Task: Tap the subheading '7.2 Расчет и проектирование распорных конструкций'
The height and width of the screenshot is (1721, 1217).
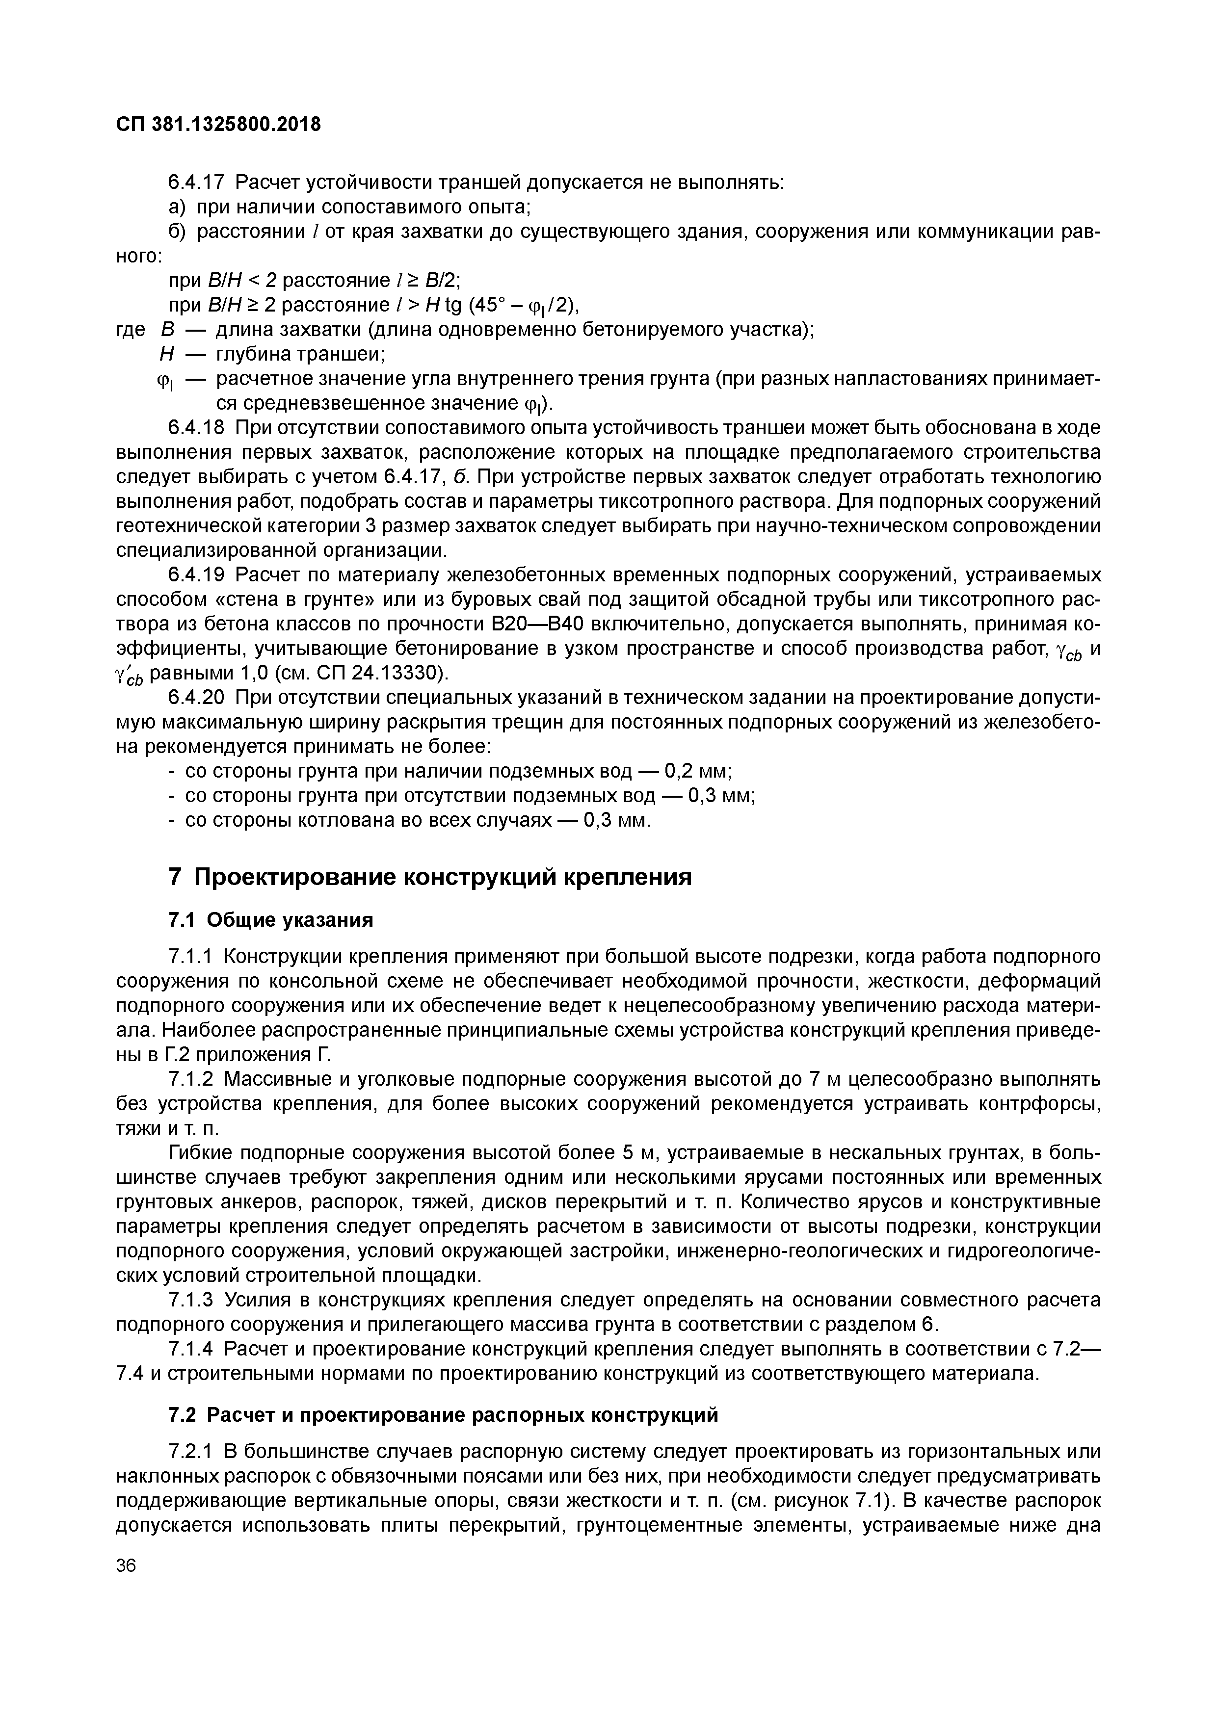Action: (443, 1415)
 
